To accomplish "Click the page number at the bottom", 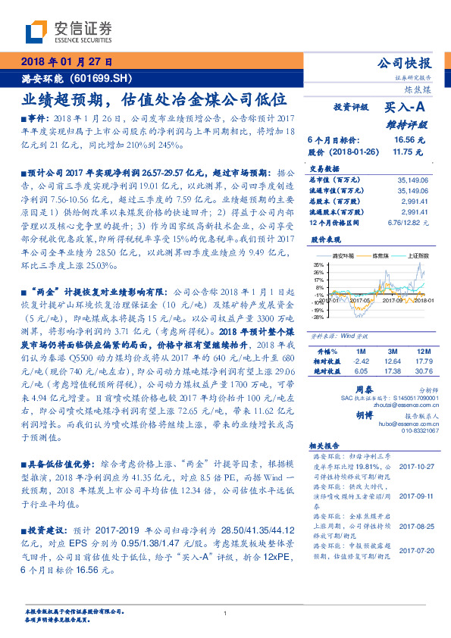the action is [x=225, y=615].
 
